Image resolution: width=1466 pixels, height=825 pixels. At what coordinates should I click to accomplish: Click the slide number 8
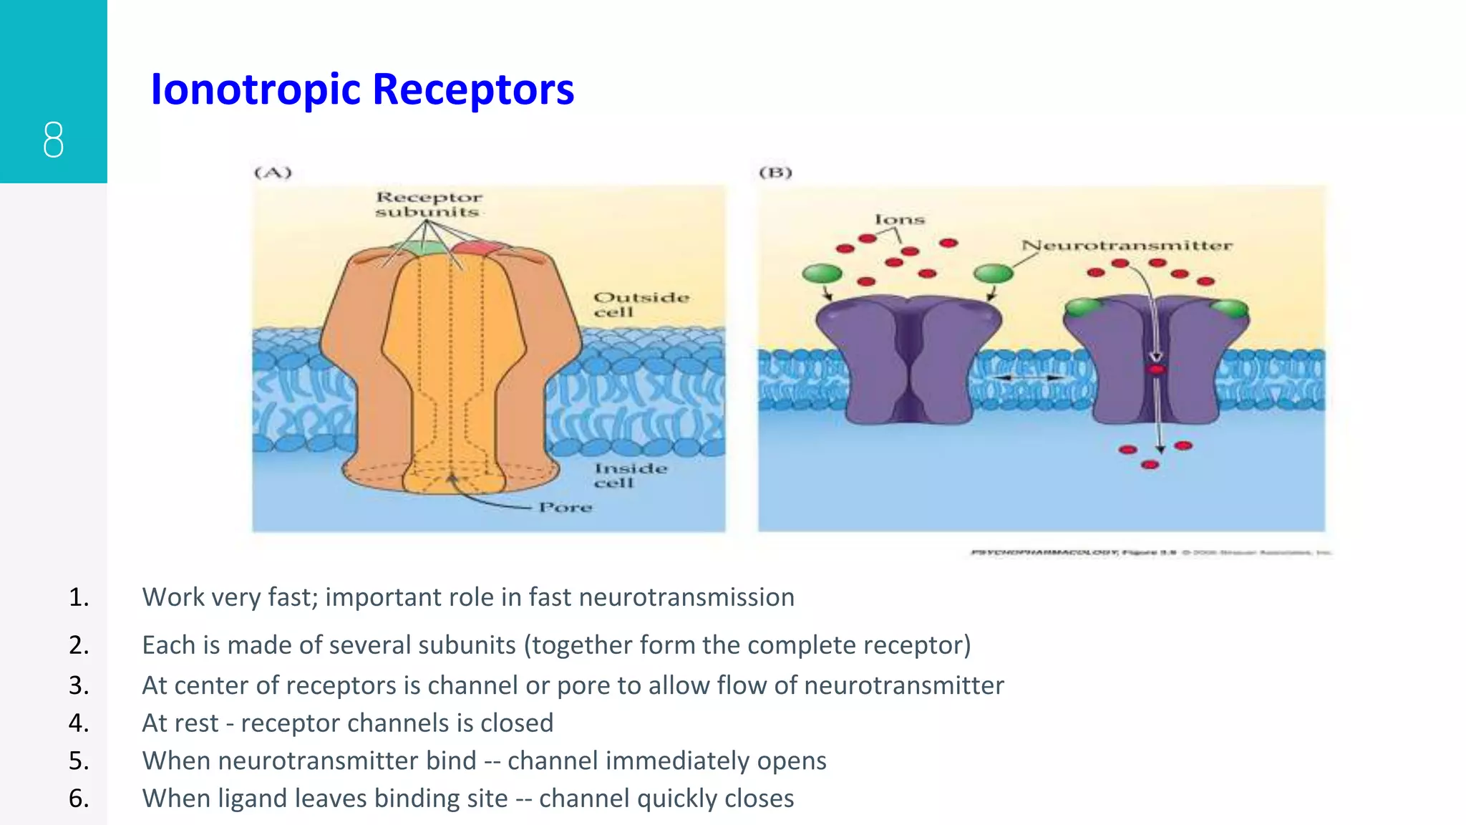[x=53, y=140]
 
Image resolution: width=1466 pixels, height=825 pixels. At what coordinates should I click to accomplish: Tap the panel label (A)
[x=273, y=173]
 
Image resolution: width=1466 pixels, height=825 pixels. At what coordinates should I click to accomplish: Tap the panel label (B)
[x=775, y=173]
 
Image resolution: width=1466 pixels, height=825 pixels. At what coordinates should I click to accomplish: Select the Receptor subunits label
[x=429, y=204]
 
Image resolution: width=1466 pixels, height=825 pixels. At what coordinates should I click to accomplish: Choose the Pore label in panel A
[x=565, y=507]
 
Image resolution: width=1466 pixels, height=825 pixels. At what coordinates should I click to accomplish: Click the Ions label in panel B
[x=899, y=219]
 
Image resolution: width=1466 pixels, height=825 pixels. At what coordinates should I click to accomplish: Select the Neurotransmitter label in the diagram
[x=1126, y=246]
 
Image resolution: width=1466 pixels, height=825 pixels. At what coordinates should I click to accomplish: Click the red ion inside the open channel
[x=1156, y=370]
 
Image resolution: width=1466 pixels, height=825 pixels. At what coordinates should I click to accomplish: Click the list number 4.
[x=79, y=723]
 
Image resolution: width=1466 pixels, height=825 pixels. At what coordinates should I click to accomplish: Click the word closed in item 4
[x=517, y=723]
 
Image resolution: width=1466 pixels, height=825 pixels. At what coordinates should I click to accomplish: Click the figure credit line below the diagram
[x=1150, y=552]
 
